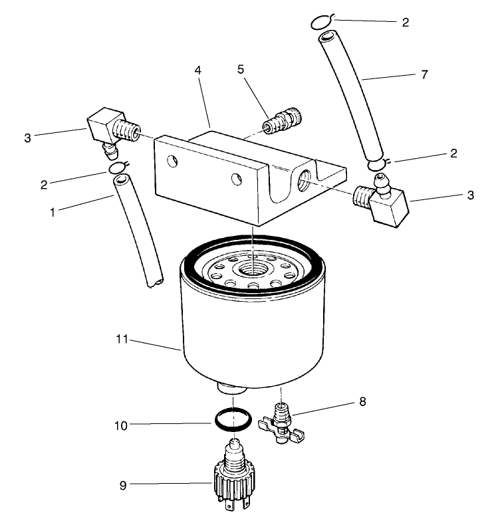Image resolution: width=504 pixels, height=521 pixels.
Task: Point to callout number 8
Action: coord(362,401)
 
